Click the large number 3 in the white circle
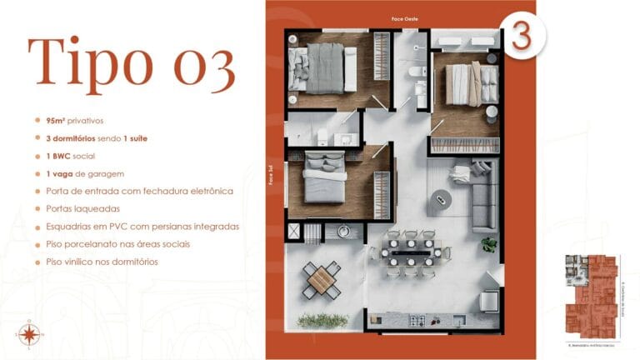point(522,37)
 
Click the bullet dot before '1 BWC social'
point(37,155)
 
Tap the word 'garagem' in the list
point(105,172)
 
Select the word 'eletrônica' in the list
point(205,191)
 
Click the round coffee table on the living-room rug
point(441,198)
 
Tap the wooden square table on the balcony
point(320,280)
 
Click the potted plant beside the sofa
point(488,244)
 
